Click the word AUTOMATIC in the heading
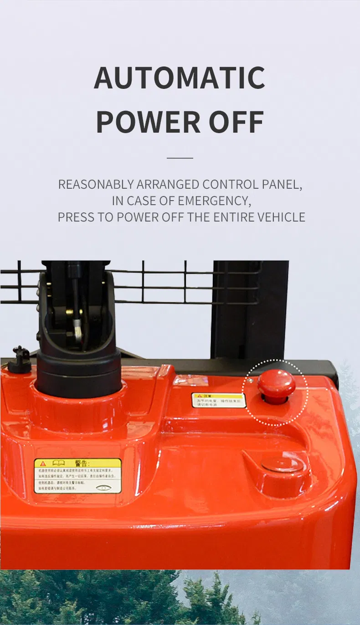click(x=180, y=78)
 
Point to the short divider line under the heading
click(x=180, y=158)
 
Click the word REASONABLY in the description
click(x=96, y=185)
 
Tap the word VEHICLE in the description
click(x=281, y=217)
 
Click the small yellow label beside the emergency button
click(x=218, y=400)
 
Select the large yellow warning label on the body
click(x=78, y=476)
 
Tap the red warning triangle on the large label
click(x=43, y=464)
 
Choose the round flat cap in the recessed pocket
click(x=282, y=465)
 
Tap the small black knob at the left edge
click(x=19, y=360)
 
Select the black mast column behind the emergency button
click(x=250, y=310)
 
